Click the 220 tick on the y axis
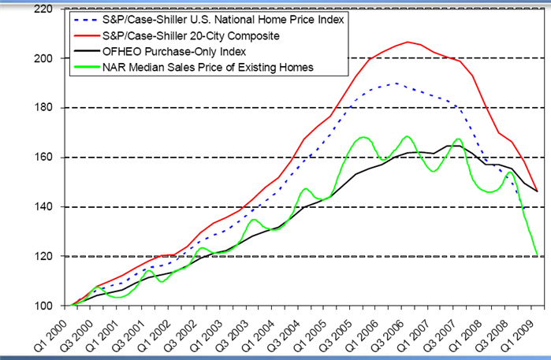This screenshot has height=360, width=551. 43,9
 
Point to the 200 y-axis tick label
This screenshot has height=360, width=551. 43,58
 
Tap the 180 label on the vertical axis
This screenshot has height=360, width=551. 43,108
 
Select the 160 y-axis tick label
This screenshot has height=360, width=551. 43,158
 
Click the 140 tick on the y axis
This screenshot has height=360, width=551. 43,207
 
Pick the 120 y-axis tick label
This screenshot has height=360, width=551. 43,257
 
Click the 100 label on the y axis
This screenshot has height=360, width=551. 43,306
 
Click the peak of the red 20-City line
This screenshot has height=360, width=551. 408,42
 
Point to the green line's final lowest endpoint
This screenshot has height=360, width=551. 538,255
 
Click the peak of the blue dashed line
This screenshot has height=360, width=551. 395,83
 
